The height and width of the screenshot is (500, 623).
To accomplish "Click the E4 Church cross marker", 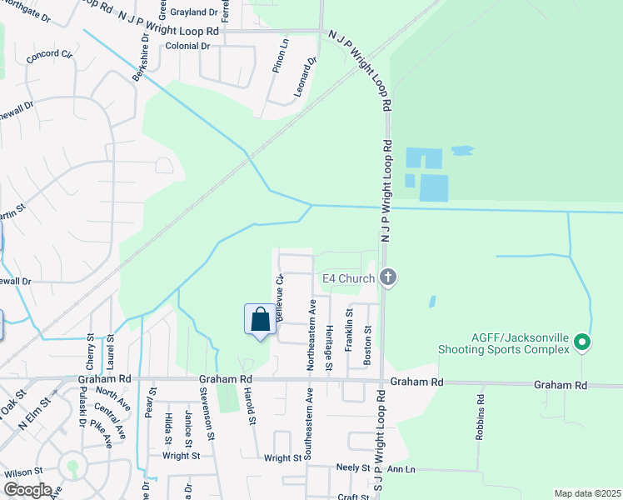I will (x=387, y=277).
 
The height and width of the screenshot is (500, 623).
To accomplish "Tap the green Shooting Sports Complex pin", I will (x=582, y=342).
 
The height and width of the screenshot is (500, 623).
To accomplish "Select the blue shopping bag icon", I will (x=260, y=320).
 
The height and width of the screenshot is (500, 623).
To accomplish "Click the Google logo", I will (x=27, y=490).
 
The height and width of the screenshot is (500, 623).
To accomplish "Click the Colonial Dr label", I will (x=187, y=46).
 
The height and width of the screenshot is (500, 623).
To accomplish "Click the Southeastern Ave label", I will (x=309, y=424).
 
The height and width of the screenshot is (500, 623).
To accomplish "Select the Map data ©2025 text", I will (x=587, y=493).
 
